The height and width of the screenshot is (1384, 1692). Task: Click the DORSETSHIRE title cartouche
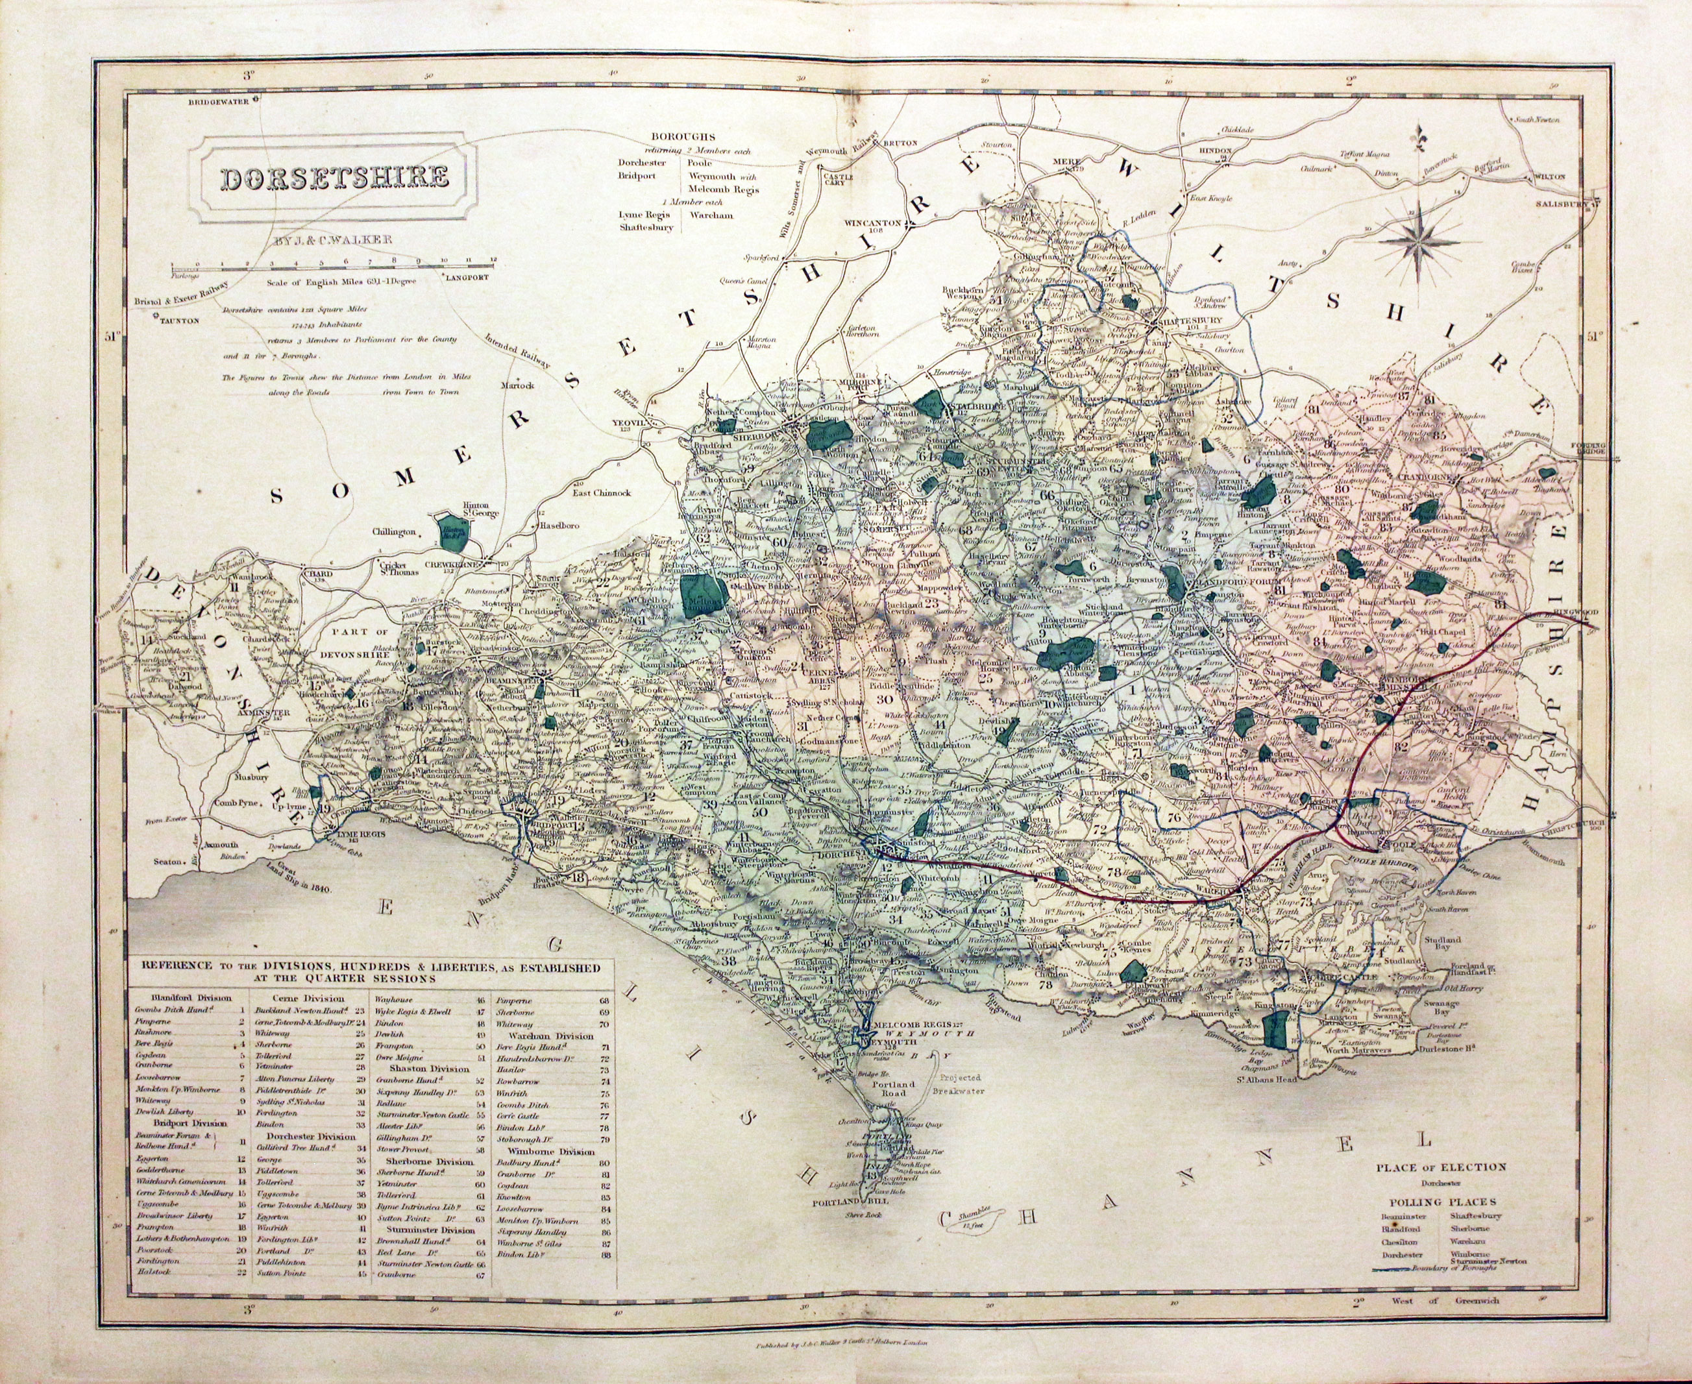tap(334, 178)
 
